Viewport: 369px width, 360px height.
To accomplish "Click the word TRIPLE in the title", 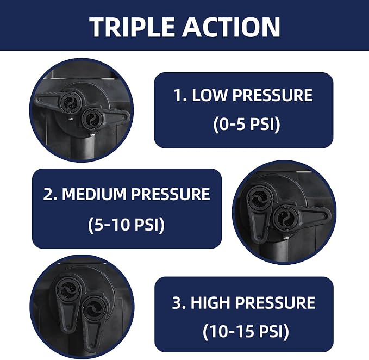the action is (x=132, y=27).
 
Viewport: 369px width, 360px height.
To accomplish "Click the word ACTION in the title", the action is (x=232, y=27).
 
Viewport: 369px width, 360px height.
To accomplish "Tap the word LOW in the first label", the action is (x=209, y=95).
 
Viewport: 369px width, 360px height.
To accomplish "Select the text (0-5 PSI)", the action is (x=247, y=124).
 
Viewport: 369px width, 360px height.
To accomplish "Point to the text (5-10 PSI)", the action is (x=127, y=224).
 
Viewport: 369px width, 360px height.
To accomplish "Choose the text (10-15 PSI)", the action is (x=246, y=331).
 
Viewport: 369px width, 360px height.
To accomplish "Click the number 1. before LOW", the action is (x=180, y=95).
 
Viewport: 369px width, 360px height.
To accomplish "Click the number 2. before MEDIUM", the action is (x=50, y=194).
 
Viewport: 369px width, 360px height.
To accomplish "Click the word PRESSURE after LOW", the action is (x=272, y=95).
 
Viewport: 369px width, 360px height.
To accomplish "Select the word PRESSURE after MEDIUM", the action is (x=171, y=194).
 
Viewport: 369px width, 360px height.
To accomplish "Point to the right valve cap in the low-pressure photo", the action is (x=92, y=119).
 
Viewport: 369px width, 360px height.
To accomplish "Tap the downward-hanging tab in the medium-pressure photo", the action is (x=258, y=224).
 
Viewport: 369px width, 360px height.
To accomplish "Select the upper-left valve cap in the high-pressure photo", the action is (x=69, y=289).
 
